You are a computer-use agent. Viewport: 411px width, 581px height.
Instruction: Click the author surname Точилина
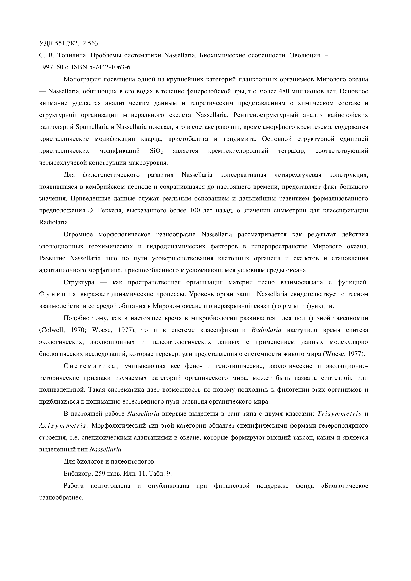point(73,55)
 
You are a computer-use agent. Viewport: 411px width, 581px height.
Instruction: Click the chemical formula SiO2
point(156,151)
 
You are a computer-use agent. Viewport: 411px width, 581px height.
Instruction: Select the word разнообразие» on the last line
point(61,498)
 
